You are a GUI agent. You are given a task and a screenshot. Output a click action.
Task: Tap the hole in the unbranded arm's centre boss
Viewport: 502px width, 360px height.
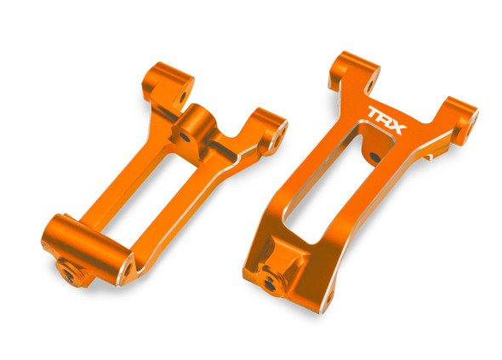[185, 134]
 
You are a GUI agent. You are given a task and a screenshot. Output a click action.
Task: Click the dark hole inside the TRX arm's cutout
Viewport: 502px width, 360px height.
[371, 157]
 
